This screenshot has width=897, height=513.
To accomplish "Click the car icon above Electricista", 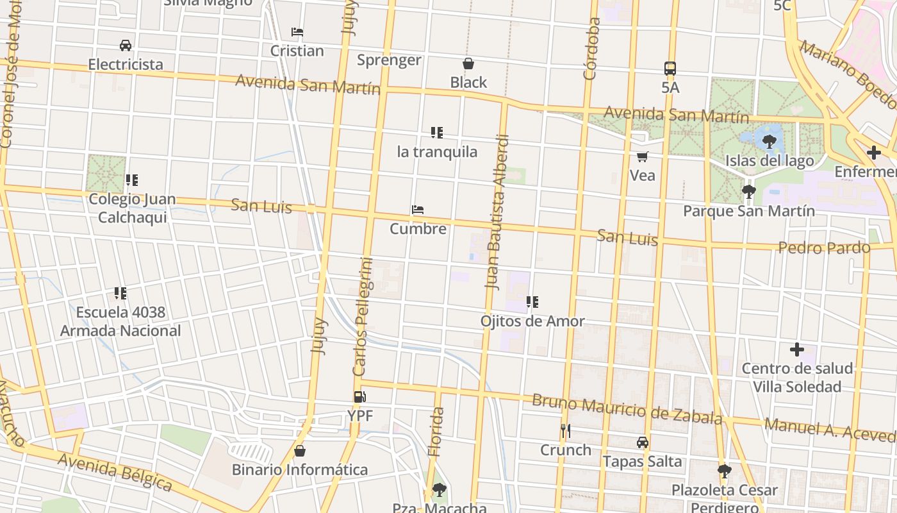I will pyautogui.click(x=126, y=45).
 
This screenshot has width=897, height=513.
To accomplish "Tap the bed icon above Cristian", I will pyautogui.click(x=297, y=31).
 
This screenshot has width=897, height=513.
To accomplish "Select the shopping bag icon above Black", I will pyautogui.click(x=468, y=63).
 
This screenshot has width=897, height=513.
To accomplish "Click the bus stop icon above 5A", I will pyautogui.click(x=670, y=68).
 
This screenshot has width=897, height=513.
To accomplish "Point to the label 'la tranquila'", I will pyautogui.click(x=437, y=152).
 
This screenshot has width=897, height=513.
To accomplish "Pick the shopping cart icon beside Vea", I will pyautogui.click(x=642, y=156).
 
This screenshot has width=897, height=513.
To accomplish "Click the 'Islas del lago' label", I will pyautogui.click(x=769, y=160).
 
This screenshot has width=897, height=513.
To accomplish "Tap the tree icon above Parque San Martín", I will pyautogui.click(x=748, y=191).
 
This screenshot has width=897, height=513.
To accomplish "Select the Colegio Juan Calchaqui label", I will pyautogui.click(x=132, y=208).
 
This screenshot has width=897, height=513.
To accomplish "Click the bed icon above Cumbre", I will pyautogui.click(x=418, y=210).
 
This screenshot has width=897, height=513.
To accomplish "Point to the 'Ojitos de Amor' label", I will pyautogui.click(x=532, y=321).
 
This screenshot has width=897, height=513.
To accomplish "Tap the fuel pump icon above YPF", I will pyautogui.click(x=360, y=397).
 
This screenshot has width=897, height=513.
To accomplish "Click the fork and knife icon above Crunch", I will pyautogui.click(x=565, y=431).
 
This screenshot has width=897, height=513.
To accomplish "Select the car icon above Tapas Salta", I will pyautogui.click(x=642, y=442).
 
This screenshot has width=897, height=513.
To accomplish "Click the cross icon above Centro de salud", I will pyautogui.click(x=796, y=349).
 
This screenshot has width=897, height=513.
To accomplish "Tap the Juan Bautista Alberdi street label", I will pyautogui.click(x=497, y=212).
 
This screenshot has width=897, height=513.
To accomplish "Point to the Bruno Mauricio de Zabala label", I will pyautogui.click(x=627, y=409).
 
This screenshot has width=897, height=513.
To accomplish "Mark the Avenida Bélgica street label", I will pyautogui.click(x=115, y=473).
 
